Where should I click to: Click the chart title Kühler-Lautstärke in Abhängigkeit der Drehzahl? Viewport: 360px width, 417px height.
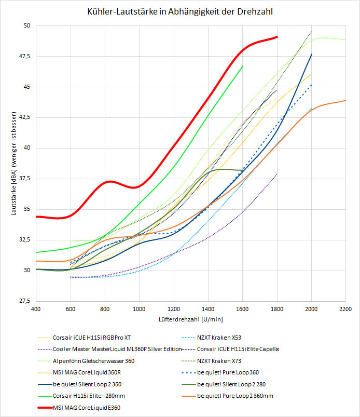point(179,10)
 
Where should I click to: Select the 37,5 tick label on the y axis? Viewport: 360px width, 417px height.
point(24,179)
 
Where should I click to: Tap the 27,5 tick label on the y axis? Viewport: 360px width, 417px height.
point(24,301)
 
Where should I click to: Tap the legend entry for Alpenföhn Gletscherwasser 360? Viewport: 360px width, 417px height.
point(93,361)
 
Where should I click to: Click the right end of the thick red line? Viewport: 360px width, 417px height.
point(278,37)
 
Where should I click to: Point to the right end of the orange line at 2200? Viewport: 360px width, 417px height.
point(345,101)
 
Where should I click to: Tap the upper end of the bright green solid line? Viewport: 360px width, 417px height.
point(243,66)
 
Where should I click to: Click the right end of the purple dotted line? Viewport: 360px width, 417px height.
point(277,174)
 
